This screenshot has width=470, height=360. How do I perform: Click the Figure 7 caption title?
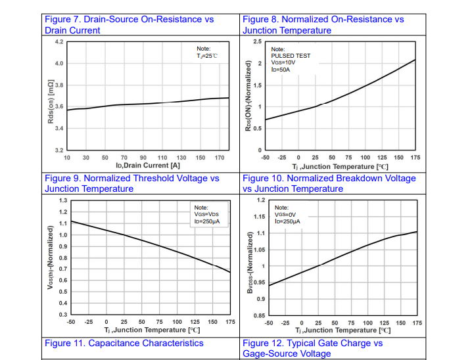[129, 24]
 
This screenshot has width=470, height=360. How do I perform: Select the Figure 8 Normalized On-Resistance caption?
[323, 24]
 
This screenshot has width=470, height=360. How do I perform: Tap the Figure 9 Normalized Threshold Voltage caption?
[131, 183]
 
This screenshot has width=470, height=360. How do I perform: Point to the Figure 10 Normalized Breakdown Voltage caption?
[329, 183]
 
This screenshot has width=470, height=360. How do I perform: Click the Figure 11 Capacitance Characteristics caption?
[124, 343]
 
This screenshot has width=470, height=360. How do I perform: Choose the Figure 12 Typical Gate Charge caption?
[312, 348]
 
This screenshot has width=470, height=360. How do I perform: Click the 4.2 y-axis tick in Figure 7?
[59, 41]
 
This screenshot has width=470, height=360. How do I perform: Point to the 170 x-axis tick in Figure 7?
[220, 158]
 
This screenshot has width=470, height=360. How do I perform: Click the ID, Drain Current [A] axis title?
[148, 166]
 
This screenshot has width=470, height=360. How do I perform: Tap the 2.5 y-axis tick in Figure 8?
[257, 41]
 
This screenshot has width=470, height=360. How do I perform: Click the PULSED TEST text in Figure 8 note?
[291, 56]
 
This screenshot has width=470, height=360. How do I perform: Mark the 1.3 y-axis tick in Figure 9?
[62, 200]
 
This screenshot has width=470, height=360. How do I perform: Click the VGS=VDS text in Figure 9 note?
[206, 214]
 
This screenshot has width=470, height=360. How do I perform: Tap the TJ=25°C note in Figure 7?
[207, 56]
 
